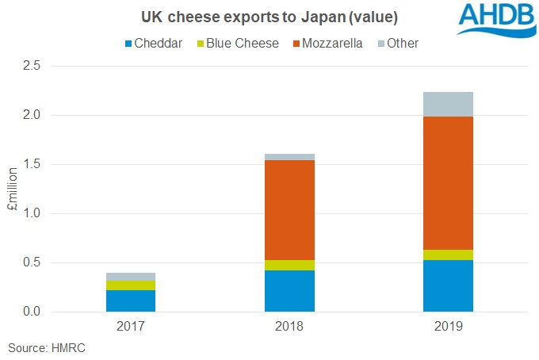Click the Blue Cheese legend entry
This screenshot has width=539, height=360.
(235, 43)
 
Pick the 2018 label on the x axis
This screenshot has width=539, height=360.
(289, 327)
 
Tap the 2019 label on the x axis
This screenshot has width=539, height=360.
(448, 327)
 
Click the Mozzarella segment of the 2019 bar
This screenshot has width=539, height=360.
(448, 183)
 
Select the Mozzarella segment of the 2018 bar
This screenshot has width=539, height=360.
(289, 209)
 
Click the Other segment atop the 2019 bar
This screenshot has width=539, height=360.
(448, 104)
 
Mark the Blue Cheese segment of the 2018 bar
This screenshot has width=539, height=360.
(289, 265)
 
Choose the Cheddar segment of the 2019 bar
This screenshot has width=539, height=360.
(448, 285)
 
